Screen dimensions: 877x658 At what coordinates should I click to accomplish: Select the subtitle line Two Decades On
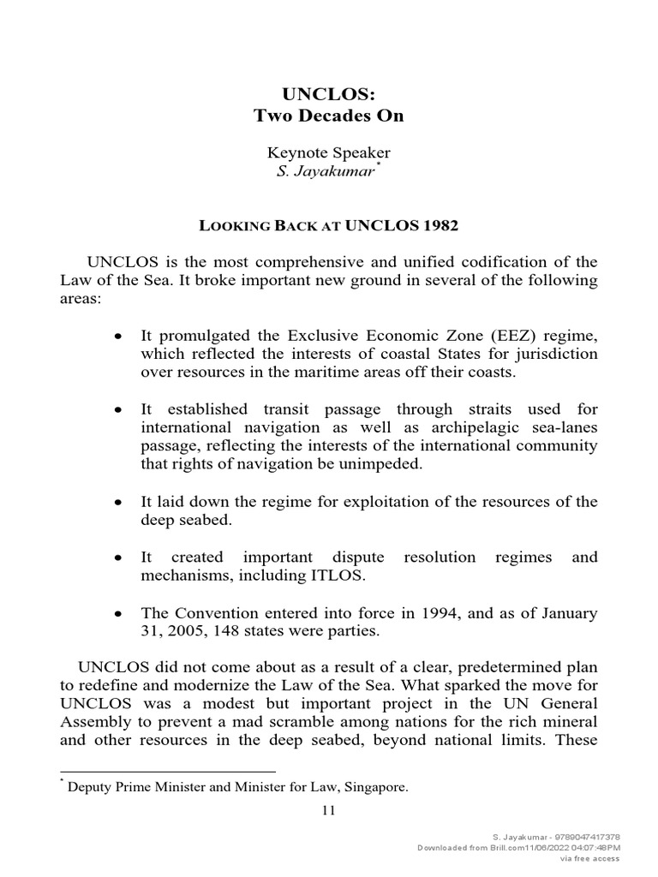point(328,116)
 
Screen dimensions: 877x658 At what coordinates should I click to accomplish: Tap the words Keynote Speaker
point(328,152)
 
